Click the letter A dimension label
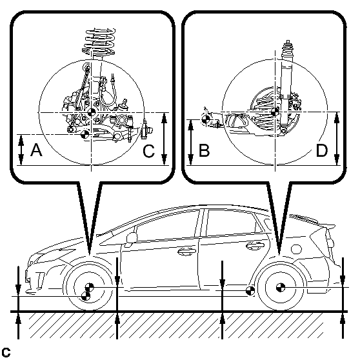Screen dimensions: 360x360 point(36,150)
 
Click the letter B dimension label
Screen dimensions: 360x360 point(204,150)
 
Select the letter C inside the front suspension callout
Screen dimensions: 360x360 point(148,152)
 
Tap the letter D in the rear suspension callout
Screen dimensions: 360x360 point(322,150)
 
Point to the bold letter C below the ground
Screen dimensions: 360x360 point(6,352)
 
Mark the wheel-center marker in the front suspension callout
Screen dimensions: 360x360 point(92,112)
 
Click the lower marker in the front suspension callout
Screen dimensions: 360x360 point(85,135)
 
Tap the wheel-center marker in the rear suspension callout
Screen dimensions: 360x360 point(275,112)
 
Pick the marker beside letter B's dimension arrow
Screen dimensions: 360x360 point(206,119)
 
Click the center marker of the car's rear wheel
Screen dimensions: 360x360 point(281,287)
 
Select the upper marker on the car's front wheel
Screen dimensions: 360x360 point(89,287)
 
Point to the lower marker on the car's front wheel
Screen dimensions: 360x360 point(86,296)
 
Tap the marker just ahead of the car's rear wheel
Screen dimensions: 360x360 point(250,291)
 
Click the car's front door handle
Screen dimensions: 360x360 point(186,252)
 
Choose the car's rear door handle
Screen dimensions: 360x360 point(255,246)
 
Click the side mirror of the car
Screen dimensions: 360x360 point(132,237)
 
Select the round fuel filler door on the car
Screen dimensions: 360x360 point(296,249)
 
